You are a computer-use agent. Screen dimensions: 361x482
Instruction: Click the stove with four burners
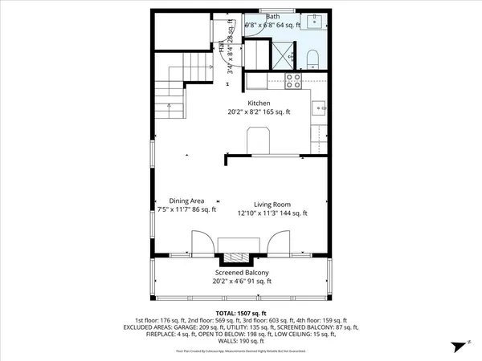[x=293, y=80]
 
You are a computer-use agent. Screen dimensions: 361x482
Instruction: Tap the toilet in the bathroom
[x=315, y=56]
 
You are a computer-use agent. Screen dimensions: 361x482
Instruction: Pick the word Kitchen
[x=259, y=103]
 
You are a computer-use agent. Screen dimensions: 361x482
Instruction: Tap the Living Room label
[x=272, y=204]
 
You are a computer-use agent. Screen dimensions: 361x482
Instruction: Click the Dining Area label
[x=186, y=201]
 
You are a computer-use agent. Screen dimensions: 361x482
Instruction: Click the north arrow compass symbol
[x=459, y=345]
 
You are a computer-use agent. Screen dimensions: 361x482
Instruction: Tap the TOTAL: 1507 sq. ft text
[x=240, y=312]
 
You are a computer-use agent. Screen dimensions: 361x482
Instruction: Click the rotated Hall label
[x=221, y=47]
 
